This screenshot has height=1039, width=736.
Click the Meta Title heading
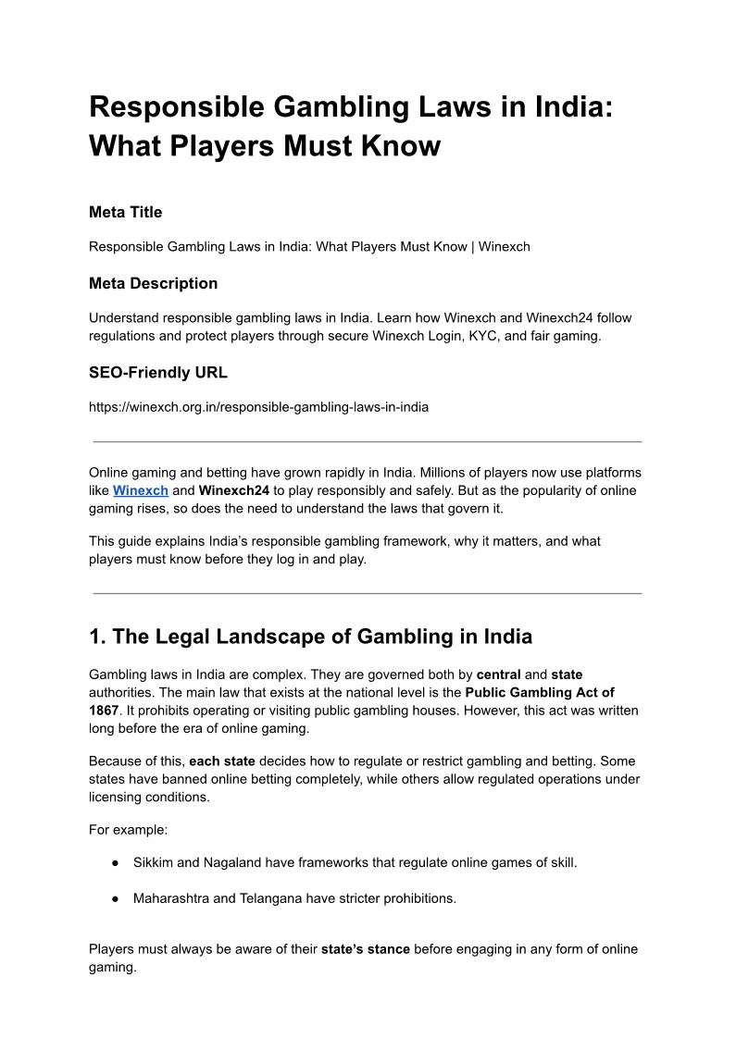tap(125, 213)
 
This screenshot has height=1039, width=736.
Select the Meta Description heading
tap(153, 283)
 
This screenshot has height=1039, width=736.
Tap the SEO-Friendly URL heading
tap(157, 373)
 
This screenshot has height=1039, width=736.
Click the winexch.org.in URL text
tap(258, 407)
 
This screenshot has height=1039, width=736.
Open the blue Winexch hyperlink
tap(141, 490)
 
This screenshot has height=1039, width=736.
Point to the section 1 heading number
tap(97, 637)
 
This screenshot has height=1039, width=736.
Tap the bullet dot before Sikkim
tap(116, 862)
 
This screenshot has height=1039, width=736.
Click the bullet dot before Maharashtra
tap(116, 898)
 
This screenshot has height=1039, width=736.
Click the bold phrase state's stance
tap(365, 949)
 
